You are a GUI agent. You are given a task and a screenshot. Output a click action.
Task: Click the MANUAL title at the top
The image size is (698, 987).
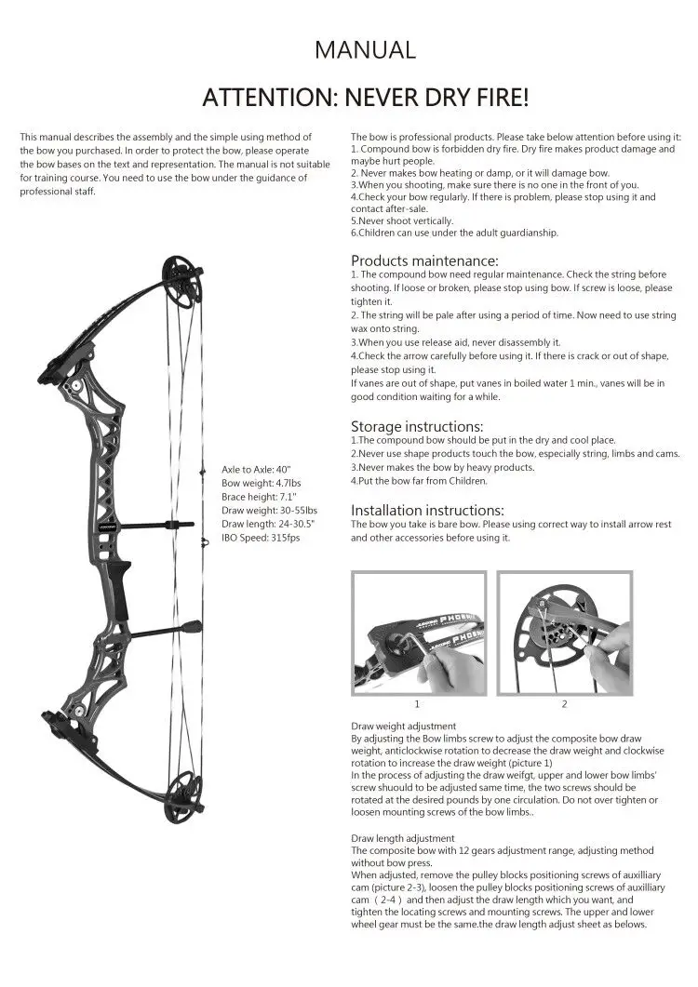click(x=365, y=49)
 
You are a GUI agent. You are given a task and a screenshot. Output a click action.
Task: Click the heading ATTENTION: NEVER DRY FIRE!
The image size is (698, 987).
click(x=365, y=97)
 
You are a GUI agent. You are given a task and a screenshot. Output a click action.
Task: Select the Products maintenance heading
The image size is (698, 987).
click(x=424, y=260)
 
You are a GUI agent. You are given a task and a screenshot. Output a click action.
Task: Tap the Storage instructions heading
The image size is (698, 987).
click(x=417, y=426)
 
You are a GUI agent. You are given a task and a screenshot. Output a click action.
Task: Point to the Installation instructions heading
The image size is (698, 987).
click(x=427, y=510)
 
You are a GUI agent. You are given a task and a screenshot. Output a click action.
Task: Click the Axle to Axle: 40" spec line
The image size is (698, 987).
click(x=256, y=470)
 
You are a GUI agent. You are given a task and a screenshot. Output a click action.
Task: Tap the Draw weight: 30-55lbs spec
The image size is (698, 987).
click(x=269, y=511)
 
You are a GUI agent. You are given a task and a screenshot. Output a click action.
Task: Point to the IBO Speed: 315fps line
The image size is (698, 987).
click(x=261, y=538)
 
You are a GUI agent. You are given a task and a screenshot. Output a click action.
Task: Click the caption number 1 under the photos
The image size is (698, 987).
click(x=417, y=703)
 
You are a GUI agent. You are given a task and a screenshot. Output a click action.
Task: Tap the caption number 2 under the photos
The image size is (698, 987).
click(x=564, y=703)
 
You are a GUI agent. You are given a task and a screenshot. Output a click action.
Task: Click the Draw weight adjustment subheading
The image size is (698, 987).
click(x=403, y=726)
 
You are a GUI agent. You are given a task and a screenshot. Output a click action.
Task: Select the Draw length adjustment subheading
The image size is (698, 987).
click(x=402, y=838)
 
